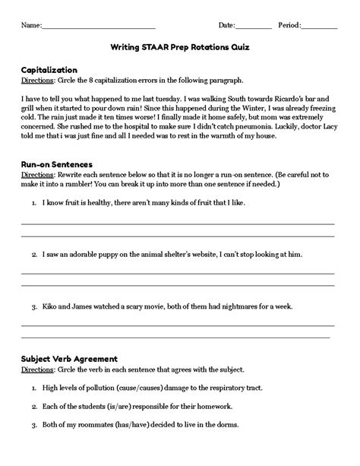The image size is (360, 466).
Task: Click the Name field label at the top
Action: pos(30,26)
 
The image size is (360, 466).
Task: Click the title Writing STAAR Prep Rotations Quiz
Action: pos(179,46)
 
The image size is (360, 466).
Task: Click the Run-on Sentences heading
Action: pos(57,163)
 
